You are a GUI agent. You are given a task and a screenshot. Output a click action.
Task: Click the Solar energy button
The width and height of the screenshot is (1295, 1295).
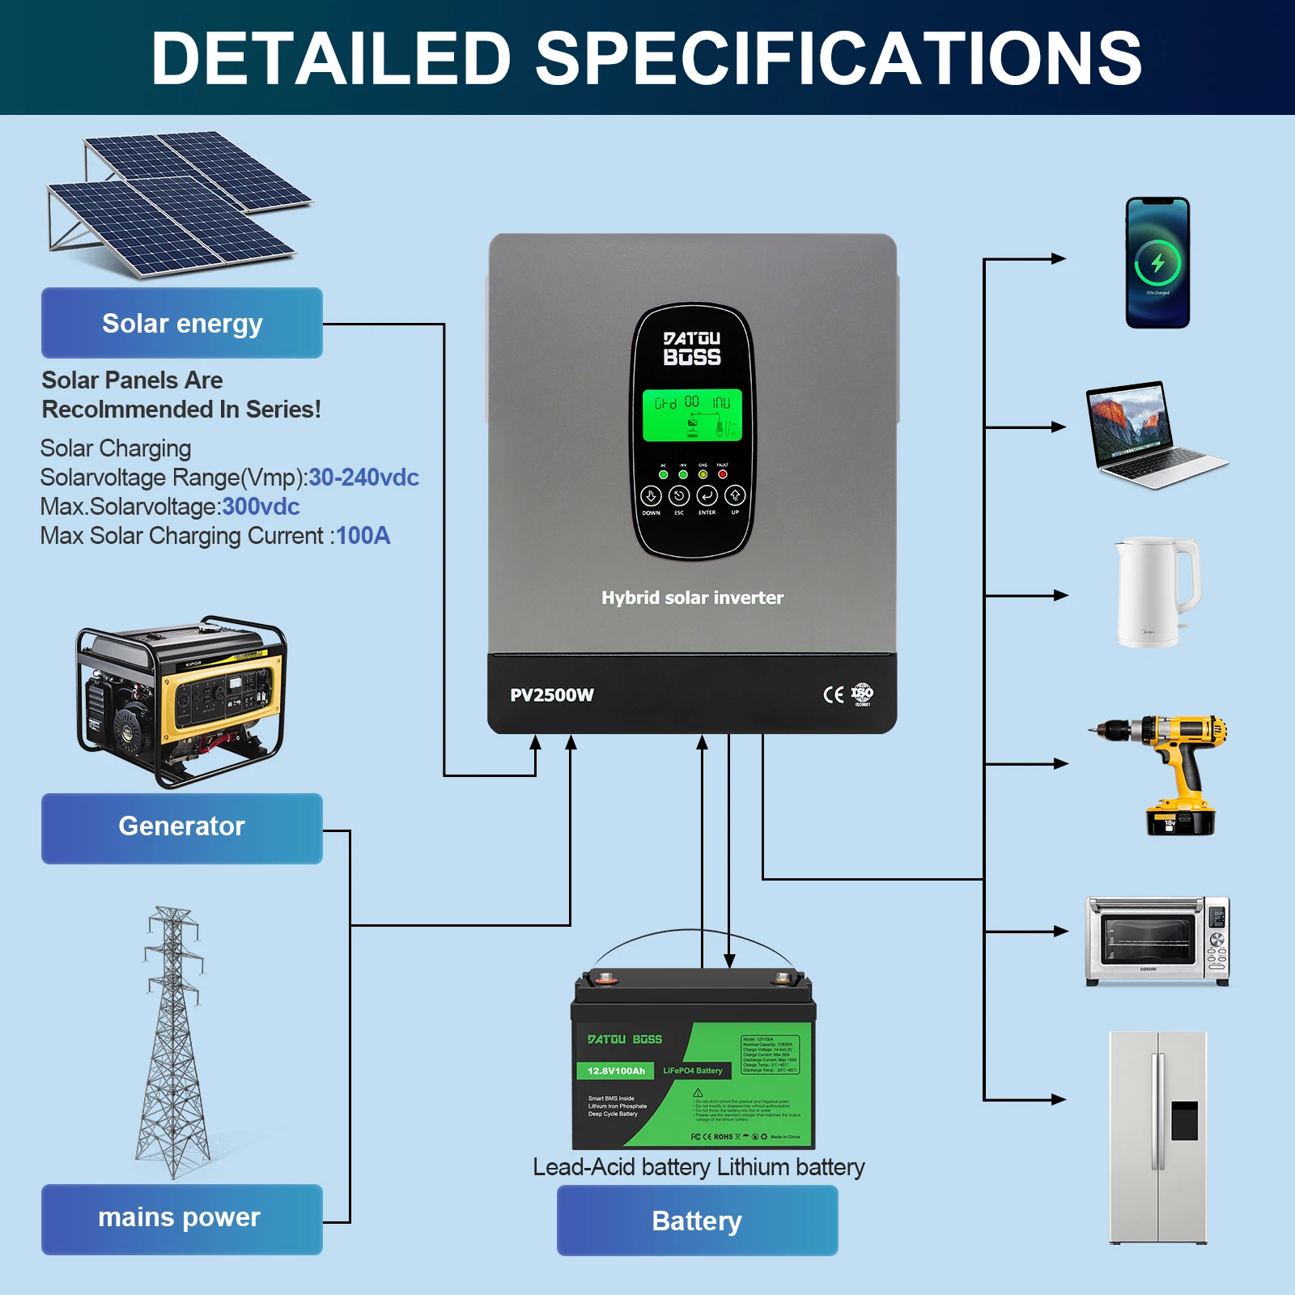182,323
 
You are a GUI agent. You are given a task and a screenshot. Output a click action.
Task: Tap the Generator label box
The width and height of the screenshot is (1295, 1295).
182,827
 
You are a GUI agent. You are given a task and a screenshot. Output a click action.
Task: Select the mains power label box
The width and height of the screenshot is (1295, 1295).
182,1218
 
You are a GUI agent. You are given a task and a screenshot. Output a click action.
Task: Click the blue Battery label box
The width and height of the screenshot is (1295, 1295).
697,1221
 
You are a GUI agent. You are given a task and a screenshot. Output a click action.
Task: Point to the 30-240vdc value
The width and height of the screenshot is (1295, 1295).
363,478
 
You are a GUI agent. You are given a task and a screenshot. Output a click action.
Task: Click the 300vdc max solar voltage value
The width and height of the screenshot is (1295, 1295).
261,507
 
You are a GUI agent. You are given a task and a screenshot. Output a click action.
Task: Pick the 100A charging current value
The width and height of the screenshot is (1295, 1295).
363,536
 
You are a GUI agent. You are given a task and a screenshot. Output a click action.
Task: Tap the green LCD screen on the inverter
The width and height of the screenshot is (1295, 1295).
692,415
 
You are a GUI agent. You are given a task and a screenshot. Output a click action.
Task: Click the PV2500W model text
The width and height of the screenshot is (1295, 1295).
552,695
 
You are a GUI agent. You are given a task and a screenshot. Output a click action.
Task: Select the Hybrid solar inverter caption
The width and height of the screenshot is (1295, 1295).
692,598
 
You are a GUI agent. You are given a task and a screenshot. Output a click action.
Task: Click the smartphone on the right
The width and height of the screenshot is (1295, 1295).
1157,263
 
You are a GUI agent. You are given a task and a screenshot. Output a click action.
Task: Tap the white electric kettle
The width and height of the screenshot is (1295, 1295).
1156,592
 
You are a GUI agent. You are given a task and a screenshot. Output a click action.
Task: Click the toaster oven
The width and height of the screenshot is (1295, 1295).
1157,940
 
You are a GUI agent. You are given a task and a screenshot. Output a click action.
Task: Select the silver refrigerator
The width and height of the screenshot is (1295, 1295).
1158,1136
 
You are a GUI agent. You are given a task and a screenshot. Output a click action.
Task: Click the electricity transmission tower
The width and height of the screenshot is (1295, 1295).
172,1044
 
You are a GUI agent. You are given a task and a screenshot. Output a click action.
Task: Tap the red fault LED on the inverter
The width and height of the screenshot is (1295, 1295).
723,474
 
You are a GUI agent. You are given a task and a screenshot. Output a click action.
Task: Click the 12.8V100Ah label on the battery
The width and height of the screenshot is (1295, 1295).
617,1071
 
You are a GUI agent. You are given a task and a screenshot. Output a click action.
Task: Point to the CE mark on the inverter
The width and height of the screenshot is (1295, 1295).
833,694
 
